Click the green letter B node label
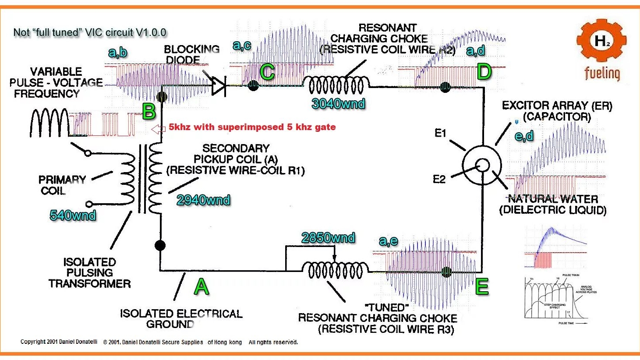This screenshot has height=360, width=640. click(x=149, y=112)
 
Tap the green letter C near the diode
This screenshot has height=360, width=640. click(x=267, y=72)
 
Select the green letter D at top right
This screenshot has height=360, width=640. click(x=484, y=71)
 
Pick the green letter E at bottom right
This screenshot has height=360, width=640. click(x=482, y=287)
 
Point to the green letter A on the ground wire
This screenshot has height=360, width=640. click(x=201, y=287)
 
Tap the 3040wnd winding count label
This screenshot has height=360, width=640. click(x=338, y=104)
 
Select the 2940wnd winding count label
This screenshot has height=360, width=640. click(x=203, y=200)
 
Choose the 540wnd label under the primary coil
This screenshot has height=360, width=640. click(x=73, y=215)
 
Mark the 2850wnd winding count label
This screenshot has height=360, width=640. click(x=328, y=238)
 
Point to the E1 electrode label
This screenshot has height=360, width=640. click(x=440, y=133)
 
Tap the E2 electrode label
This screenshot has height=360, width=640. click(x=439, y=179)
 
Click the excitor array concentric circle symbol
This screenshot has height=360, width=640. click(x=482, y=165)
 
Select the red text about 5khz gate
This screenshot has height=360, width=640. click(x=252, y=127)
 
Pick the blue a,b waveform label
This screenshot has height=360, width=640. click(x=117, y=53)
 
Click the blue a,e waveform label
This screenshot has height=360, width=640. click(x=388, y=240)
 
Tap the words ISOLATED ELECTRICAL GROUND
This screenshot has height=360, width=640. click(x=181, y=319)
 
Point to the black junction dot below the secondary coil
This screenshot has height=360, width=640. click(x=160, y=245)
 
